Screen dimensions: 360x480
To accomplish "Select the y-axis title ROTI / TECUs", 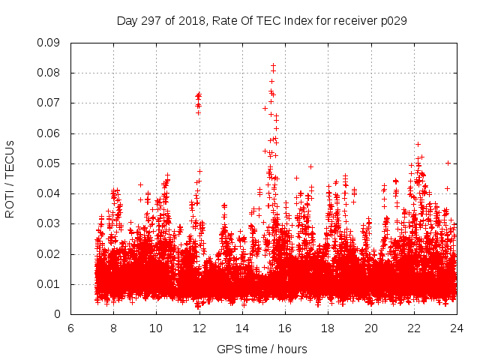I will point(10,178).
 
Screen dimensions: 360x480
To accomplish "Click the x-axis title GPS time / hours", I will point(262,349).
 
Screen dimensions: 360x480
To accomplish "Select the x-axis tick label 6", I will point(70,328).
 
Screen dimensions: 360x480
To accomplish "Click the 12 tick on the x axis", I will point(199,328).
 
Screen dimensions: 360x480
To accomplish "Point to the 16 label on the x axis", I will point(285,328).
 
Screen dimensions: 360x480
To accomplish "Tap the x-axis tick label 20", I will point(371,328).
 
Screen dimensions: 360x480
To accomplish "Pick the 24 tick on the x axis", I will point(457,328).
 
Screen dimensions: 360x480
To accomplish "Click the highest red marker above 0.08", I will point(274,65).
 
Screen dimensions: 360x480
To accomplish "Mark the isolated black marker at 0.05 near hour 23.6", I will point(448,163).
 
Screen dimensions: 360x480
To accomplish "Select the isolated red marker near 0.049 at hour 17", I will point(310,166).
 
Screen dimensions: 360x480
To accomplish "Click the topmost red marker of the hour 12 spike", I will point(199,94).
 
